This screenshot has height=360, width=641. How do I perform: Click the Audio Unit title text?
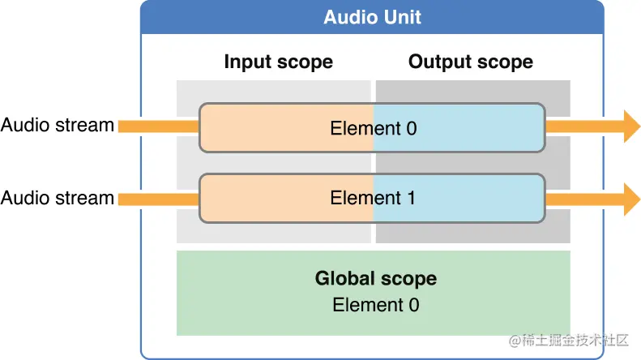372,17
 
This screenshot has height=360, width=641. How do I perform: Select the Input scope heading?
278,62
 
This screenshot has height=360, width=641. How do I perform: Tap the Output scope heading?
470,62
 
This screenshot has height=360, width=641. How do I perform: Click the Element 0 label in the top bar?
373,128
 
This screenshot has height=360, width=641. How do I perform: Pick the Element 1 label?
373,198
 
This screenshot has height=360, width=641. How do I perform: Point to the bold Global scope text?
375,279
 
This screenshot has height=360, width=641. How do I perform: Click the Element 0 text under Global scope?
375,305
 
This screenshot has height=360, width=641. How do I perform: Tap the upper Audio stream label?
57,126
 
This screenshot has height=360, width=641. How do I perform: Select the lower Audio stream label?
57,198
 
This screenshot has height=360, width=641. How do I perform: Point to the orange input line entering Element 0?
158,126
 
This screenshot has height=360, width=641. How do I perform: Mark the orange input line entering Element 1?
158,199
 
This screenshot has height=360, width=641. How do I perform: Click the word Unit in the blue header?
403,17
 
